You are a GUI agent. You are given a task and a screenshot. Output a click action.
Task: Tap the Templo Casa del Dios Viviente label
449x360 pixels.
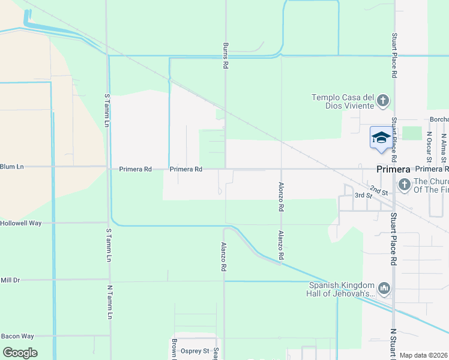click(x=343, y=101)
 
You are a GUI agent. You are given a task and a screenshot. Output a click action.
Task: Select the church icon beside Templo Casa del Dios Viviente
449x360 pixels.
click(x=384, y=101)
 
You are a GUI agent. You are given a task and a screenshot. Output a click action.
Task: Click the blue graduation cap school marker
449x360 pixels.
click(x=380, y=138)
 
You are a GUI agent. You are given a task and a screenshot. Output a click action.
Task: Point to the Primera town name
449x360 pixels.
click(x=393, y=169)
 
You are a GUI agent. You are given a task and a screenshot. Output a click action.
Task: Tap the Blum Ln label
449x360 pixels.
click(x=12, y=166)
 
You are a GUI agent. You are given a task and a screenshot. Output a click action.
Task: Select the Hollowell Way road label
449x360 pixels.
click(x=20, y=223)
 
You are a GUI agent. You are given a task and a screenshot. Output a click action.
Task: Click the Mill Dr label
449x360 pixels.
click(x=10, y=280)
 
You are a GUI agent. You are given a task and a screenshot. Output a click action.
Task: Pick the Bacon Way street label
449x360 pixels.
click(x=17, y=336)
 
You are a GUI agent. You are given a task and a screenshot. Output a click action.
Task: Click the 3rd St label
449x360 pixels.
click(x=363, y=196)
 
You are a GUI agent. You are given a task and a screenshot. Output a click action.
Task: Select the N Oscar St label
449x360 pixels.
click(x=429, y=148)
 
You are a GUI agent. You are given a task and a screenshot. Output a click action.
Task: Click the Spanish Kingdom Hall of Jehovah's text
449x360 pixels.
click(x=343, y=289)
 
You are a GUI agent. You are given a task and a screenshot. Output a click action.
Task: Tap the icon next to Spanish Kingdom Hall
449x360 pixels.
click(x=385, y=289)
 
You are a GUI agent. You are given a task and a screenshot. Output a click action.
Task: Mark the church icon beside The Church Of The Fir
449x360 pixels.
click(x=404, y=185)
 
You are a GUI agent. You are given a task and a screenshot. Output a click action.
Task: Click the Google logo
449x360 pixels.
click(x=20, y=352)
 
